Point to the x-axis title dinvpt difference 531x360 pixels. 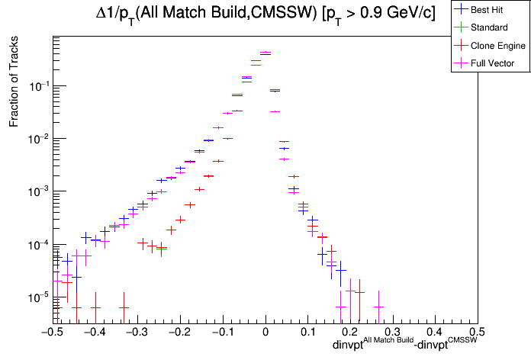click(404, 346)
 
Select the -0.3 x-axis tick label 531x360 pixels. click(137, 333)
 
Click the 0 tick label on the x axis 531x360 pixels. click(265, 333)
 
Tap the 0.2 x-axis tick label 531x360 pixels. click(350, 333)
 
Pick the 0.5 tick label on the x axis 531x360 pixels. click(477, 333)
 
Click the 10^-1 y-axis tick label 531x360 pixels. click(37, 86)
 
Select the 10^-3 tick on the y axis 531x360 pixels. click(37, 191)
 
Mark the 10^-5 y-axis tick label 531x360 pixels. click(37, 297)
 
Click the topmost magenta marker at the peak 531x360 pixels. click(265, 53)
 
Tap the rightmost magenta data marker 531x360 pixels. click(378, 307)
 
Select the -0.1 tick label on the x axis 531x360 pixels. click(222, 333)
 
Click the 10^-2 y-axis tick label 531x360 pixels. click(37, 139)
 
